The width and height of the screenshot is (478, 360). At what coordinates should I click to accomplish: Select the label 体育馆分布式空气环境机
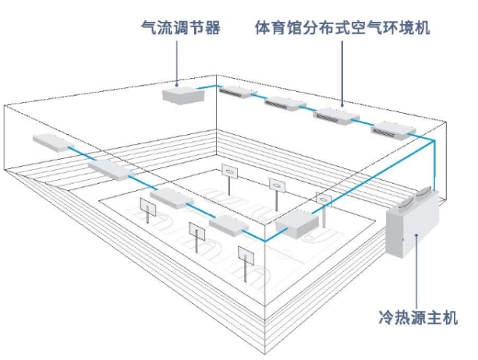click(342, 28)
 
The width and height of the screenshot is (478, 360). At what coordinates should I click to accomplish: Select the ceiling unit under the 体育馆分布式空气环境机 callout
click(338, 117)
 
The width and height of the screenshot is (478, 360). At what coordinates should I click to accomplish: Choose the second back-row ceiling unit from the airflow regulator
click(285, 104)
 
